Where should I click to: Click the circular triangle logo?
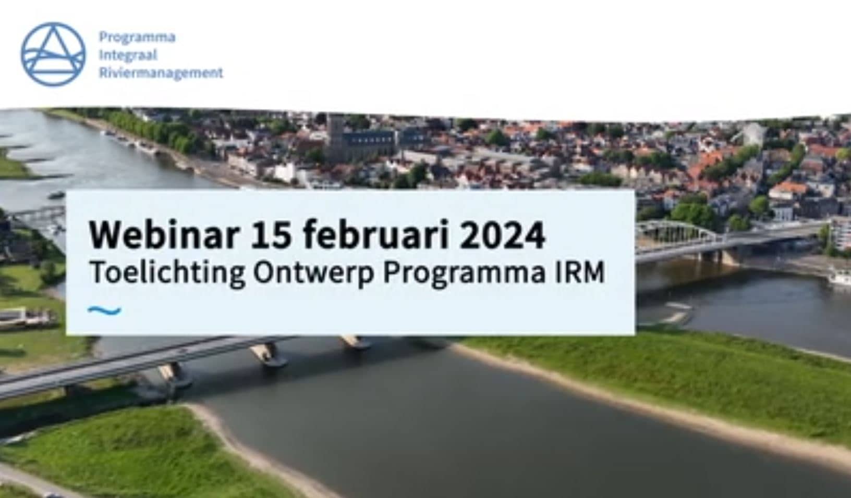tap(53, 54)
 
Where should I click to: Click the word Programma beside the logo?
tap(137, 38)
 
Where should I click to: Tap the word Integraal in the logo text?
tap(128, 55)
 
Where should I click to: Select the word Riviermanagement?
tap(161, 73)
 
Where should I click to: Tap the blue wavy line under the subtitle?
tap(104, 311)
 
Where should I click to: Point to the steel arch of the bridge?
tap(680, 227)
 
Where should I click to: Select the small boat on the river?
tap(56, 195)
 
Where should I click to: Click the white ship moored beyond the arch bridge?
tap(840, 276)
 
